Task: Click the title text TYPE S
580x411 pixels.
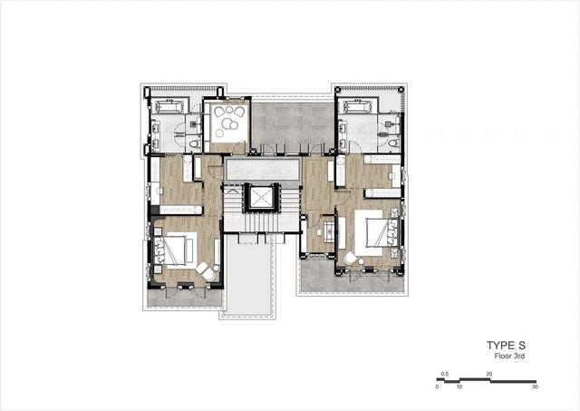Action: pyautogui.click(x=506, y=346)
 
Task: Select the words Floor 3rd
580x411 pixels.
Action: pyautogui.click(x=509, y=357)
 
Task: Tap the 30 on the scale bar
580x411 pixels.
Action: pyautogui.click(x=535, y=387)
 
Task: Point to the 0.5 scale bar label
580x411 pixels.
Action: pyautogui.click(x=445, y=374)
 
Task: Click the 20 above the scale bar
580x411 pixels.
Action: pyautogui.click(x=489, y=374)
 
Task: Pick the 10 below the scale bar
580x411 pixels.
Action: pyautogui.click(x=459, y=387)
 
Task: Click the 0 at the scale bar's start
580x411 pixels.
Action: pyautogui.click(x=437, y=387)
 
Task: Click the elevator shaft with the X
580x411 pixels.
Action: pyautogui.click(x=261, y=197)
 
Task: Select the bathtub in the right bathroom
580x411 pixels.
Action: pyautogui.click(x=358, y=107)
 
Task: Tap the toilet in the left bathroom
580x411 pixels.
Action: pyautogui.click(x=194, y=143)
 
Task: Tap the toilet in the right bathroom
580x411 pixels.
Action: pyautogui.click(x=393, y=143)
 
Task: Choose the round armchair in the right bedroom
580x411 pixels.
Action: pyautogui.click(x=350, y=258)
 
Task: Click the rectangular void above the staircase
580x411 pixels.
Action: pyautogui.click(x=262, y=169)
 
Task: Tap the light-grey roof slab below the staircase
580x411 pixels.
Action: pyautogui.click(x=248, y=276)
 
